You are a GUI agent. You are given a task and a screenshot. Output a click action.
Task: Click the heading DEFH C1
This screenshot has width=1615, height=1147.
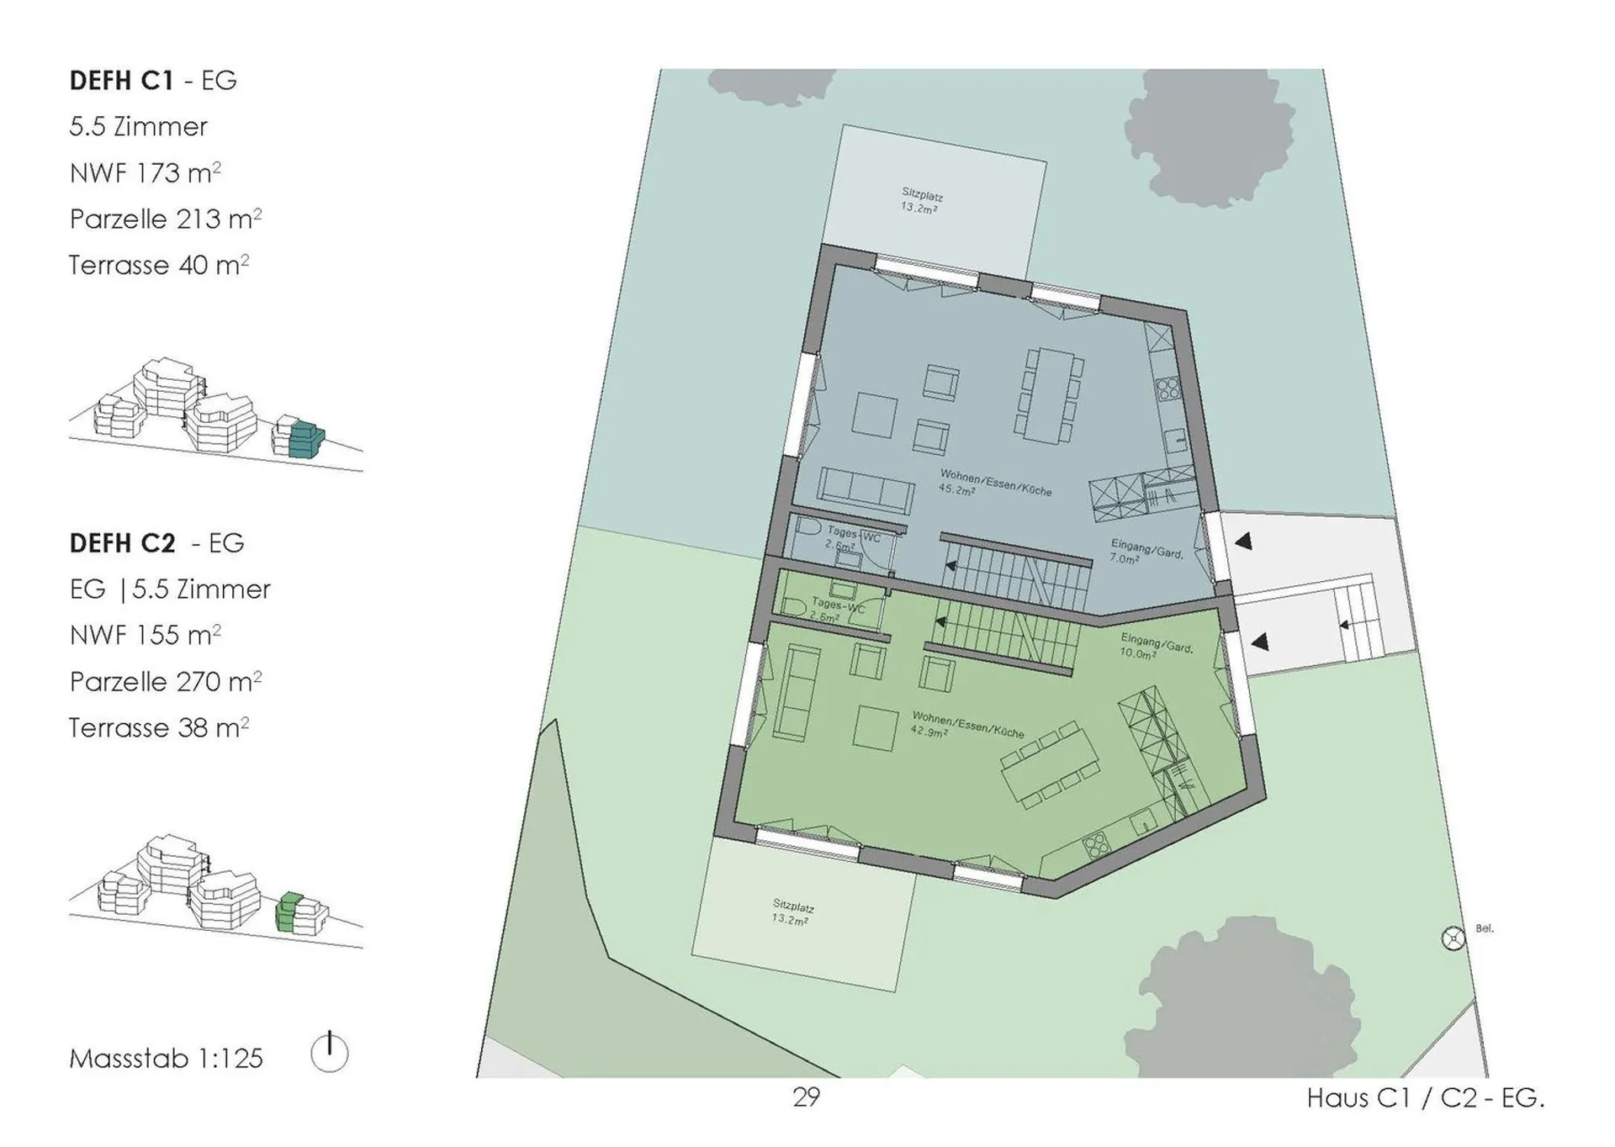(121, 81)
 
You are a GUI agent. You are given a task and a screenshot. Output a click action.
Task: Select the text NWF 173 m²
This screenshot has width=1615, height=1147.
(145, 172)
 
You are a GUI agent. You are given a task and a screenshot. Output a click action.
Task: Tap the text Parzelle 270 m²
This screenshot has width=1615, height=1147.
(166, 680)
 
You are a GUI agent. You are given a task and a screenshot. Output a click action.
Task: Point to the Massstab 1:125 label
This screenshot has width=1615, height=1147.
(167, 1058)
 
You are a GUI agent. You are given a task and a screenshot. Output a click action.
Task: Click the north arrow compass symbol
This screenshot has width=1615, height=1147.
(329, 1052)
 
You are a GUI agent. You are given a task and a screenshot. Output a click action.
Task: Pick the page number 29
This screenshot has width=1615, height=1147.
(806, 1097)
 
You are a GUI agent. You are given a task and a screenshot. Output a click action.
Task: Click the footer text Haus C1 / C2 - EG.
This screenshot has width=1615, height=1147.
(1425, 1098)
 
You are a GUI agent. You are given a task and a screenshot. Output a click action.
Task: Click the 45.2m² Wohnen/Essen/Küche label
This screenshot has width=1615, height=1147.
(995, 484)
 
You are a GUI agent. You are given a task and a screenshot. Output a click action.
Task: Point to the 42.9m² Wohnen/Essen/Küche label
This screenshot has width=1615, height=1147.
(967, 726)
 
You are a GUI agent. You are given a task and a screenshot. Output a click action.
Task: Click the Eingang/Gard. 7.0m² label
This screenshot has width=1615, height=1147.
(1146, 551)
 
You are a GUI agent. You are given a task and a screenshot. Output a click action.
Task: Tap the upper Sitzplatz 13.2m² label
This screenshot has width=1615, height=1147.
(921, 201)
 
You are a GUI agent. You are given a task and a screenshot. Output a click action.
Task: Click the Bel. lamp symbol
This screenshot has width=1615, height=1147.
(1453, 938)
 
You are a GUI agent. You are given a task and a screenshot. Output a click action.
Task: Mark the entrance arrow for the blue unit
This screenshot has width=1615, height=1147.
(1242, 541)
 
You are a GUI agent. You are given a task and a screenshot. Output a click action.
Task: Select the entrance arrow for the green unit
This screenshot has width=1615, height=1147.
(1259, 642)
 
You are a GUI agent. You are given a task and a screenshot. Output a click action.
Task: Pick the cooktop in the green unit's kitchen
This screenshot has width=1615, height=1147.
(1097, 846)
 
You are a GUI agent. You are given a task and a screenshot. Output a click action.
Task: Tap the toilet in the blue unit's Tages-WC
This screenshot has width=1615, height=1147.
(807, 528)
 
